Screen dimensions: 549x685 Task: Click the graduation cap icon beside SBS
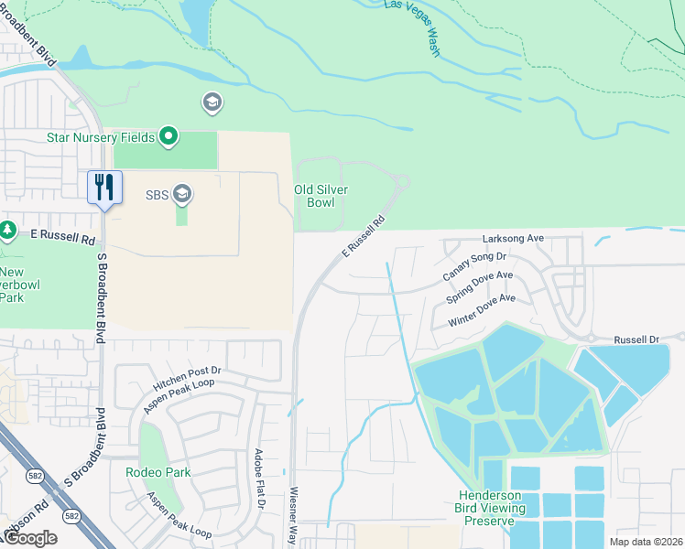pyautogui.click(x=182, y=193)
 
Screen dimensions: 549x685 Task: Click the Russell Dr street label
pyautogui.click(x=636, y=339)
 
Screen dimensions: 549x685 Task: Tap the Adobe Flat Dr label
pyautogui.click(x=259, y=479)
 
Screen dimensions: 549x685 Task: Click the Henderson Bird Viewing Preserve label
pyautogui.click(x=492, y=508)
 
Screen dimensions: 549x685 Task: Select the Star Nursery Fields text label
pyautogui.click(x=101, y=138)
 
